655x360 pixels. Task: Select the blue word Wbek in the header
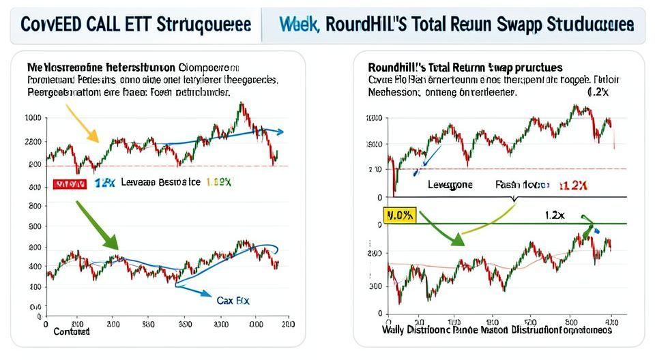click(299, 25)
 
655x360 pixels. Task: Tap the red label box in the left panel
click(70, 184)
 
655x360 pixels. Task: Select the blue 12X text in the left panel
click(105, 183)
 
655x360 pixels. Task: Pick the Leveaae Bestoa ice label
click(161, 183)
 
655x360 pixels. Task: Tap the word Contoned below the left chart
click(71, 331)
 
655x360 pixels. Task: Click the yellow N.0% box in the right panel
click(399, 215)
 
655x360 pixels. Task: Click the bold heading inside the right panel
click(465, 68)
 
